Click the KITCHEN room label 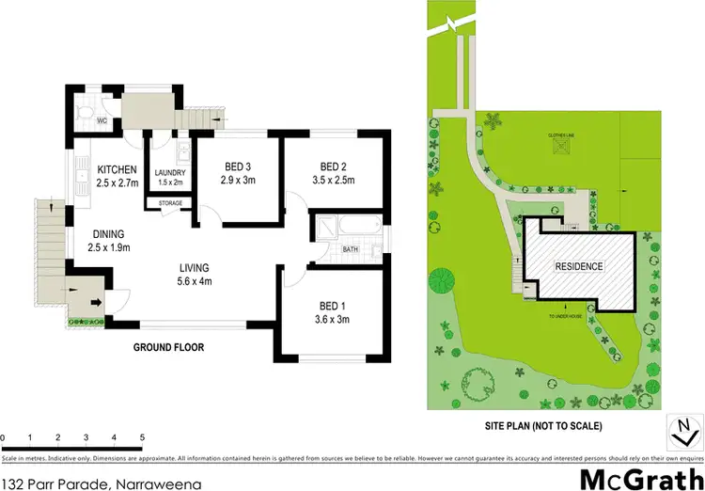pyautogui.click(x=117, y=169)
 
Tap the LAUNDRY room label pyautogui.click(x=170, y=173)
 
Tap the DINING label pyautogui.click(x=108, y=235)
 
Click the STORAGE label pyautogui.click(x=170, y=203)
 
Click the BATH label pyautogui.click(x=350, y=249)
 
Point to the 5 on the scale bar pyautogui.click(x=142, y=438)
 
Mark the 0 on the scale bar pyautogui.click(x=3, y=438)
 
